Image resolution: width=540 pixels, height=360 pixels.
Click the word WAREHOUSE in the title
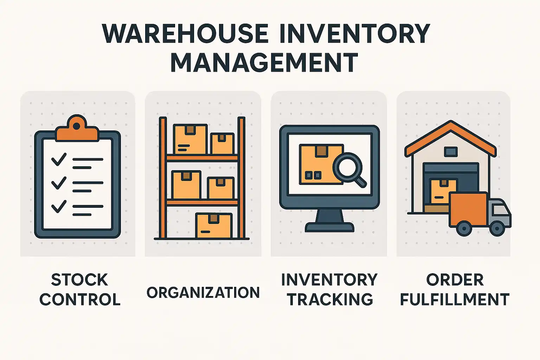[x=185, y=33]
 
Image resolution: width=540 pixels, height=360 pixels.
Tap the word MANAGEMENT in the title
[x=264, y=62]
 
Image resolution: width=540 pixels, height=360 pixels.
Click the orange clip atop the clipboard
[x=77, y=128]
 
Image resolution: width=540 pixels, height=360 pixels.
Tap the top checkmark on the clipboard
[x=59, y=159]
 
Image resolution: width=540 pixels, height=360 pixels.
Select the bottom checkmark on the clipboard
[x=59, y=206]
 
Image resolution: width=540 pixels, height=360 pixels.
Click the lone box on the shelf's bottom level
[x=214, y=226]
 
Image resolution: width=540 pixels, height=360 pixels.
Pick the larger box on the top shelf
[x=190, y=139]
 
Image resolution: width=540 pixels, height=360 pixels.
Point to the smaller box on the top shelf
[x=222, y=143]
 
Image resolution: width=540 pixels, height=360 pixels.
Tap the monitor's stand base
[x=329, y=227]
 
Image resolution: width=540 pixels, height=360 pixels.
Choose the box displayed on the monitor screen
[x=321, y=165]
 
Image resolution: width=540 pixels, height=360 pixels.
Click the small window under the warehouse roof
[x=451, y=152]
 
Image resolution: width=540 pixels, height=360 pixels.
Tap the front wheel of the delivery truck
[x=497, y=228]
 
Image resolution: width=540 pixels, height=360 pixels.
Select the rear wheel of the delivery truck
[x=464, y=228]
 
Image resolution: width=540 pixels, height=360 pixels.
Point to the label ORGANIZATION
[x=203, y=292]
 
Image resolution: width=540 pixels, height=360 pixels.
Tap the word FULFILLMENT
[x=455, y=299]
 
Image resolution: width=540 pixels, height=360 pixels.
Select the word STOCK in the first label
[x=79, y=280]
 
